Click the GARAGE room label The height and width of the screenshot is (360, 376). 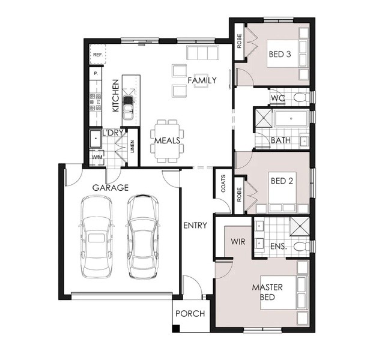(111, 188)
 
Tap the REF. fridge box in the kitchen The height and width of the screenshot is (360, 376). (98, 54)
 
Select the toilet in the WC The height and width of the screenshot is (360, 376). (301, 97)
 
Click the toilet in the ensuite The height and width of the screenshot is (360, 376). (301, 246)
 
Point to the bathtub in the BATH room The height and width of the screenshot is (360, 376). (291, 119)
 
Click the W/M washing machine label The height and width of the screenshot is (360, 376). (97, 157)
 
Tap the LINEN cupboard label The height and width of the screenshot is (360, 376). (132, 146)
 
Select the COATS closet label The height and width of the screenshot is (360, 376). (223, 184)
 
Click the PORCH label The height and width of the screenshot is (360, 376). (190, 314)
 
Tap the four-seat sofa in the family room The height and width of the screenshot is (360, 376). (202, 53)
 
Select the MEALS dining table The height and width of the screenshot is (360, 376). (167, 142)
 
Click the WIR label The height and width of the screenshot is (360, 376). (238, 242)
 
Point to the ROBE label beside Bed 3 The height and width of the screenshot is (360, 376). (239, 41)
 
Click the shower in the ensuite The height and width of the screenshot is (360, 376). (300, 226)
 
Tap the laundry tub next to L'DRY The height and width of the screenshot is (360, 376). (96, 139)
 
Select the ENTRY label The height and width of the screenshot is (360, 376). (195, 226)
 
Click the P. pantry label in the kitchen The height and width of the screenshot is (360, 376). (96, 74)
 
